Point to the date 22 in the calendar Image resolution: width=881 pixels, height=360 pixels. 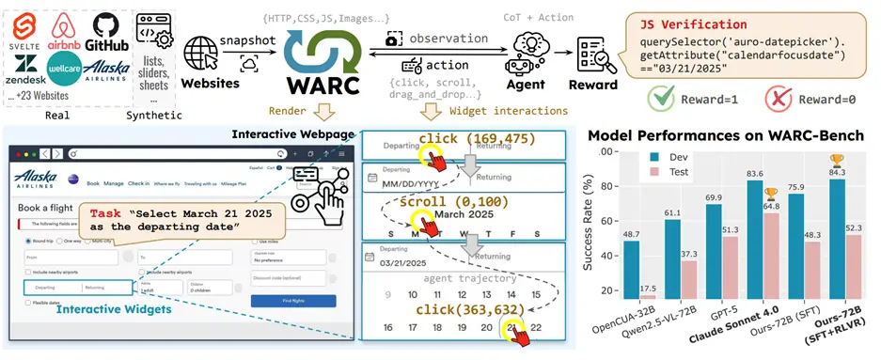point(535,327)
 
